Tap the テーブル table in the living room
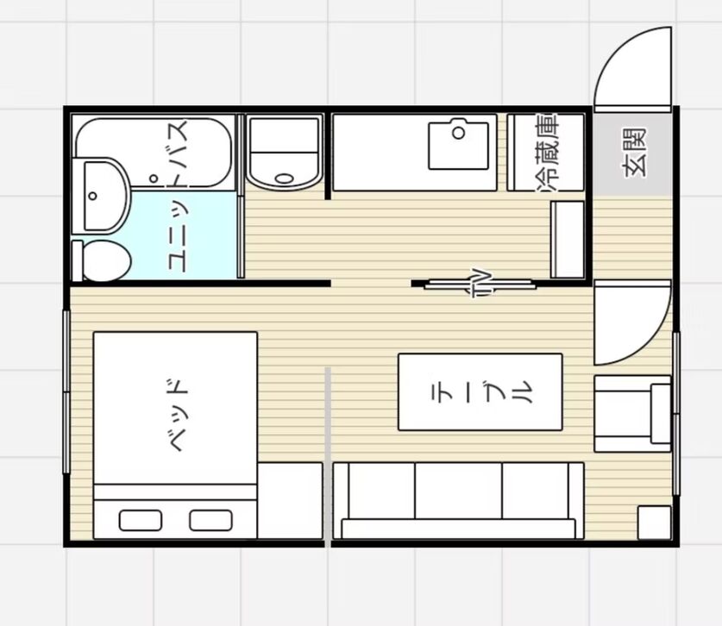tap(480, 392)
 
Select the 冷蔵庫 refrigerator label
tap(548, 153)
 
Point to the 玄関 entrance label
tap(635, 153)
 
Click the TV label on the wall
tap(481, 283)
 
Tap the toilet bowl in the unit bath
tap(106, 260)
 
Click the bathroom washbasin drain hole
tap(92, 196)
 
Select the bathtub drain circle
tap(154, 178)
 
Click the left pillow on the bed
tap(141, 520)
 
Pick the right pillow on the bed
tap(210, 520)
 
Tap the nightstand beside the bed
tap(290, 500)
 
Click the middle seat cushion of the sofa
tap(459, 491)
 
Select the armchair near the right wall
tap(632, 414)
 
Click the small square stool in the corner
tap(655, 523)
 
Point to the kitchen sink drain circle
tap(459, 134)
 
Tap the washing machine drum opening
tap(284, 178)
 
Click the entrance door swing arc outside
tap(616, 51)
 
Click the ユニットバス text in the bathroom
tap(179, 196)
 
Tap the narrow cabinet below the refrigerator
tap(568, 240)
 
